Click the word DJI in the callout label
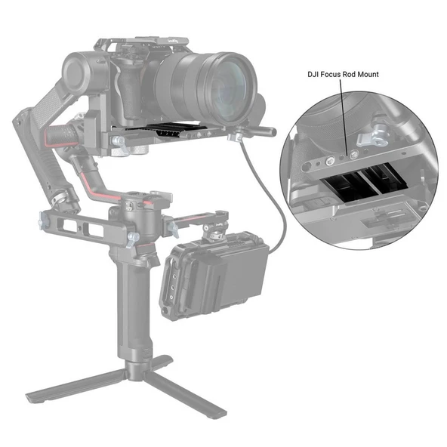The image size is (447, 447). (314, 75)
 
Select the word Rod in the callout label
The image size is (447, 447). (356, 75)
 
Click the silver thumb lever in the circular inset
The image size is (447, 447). (372, 141)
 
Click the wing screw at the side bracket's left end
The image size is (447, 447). (42, 221)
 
